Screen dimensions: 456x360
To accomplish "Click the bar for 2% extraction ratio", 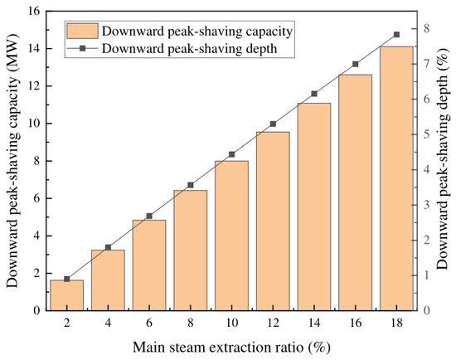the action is pos(67,295).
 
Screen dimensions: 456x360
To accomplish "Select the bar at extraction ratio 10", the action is pos(232,236).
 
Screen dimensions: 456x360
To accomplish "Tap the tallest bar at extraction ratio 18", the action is pos(396,178).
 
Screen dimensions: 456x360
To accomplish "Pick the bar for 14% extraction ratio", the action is pos(314,207).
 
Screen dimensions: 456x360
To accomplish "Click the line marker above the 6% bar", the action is pos(149,216).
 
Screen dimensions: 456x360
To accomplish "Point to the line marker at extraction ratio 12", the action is pos(273,124).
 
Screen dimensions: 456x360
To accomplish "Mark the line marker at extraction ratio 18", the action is pos(396,35).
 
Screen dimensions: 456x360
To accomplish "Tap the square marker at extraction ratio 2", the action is pos(67,279).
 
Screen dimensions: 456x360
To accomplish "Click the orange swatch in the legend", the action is pos(82,31).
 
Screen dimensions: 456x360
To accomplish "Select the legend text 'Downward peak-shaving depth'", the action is pos(189,49).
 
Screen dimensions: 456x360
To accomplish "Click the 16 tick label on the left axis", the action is pos(35,11).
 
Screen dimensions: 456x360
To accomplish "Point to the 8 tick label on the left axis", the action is pos(37,161).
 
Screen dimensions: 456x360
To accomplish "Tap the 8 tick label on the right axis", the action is pos(426,29).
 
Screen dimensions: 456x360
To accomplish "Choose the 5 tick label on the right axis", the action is pos(426,134).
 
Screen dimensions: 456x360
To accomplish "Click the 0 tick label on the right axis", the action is pos(426,310).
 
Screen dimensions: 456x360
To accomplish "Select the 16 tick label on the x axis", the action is pos(356,323).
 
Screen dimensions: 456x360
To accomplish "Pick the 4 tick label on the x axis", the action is pos(108,323).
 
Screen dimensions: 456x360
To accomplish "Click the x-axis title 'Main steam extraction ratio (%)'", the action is pos(232,348).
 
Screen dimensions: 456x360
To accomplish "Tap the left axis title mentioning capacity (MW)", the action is pos(12,161).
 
